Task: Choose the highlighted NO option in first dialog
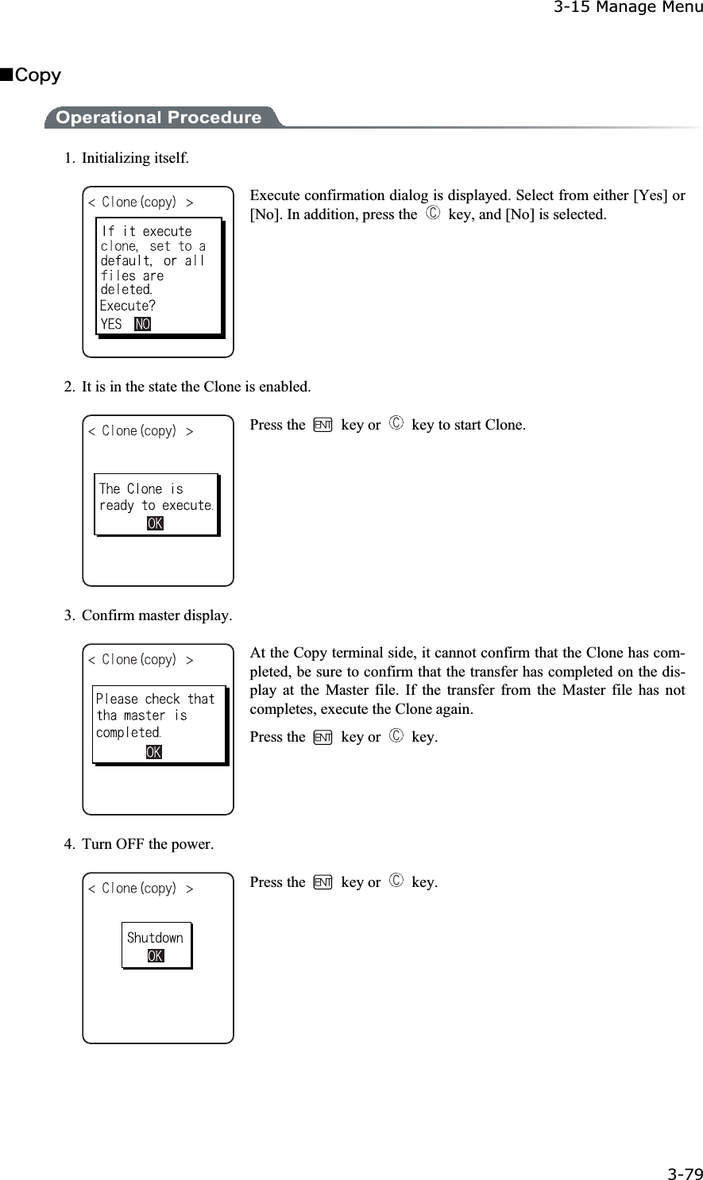pyautogui.click(x=143, y=324)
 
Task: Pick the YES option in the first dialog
pyautogui.click(x=111, y=324)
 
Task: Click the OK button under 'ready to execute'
pyautogui.click(x=155, y=523)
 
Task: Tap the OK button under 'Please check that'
pyautogui.click(x=154, y=751)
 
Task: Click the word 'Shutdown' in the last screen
pyautogui.click(x=155, y=938)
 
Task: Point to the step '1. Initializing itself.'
pyautogui.click(x=127, y=157)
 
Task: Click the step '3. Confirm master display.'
pyautogui.click(x=149, y=615)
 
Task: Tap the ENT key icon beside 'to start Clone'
pyautogui.click(x=322, y=425)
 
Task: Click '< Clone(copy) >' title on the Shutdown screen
pyautogui.click(x=141, y=889)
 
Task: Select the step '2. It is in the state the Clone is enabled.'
pyautogui.click(x=187, y=388)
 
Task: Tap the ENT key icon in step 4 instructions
pyautogui.click(x=322, y=882)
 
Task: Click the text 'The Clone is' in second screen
pyautogui.click(x=141, y=488)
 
